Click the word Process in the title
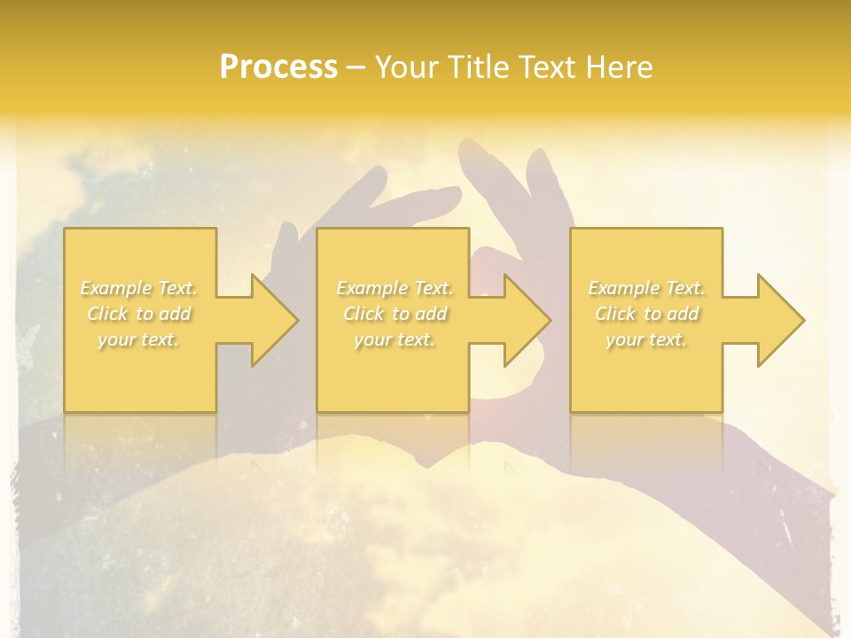[x=278, y=67]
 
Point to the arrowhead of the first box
[x=270, y=320]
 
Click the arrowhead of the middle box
[x=524, y=320]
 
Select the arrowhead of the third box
[x=777, y=320]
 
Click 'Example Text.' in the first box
[x=139, y=288]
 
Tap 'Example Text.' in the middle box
[x=394, y=288]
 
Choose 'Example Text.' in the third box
[x=646, y=288]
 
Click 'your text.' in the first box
[x=139, y=339]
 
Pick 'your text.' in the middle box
[x=394, y=339]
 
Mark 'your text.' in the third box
[x=646, y=339]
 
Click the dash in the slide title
[x=356, y=68]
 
